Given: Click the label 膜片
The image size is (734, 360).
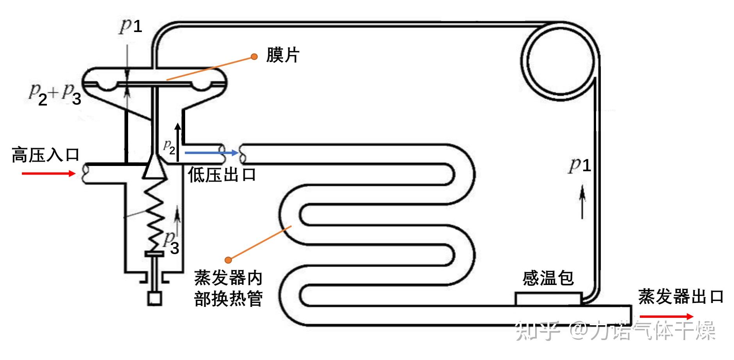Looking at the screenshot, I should coord(283,55).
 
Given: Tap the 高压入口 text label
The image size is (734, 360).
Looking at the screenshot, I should coord(46,155).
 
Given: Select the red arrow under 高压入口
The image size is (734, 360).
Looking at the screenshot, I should coord(48,173).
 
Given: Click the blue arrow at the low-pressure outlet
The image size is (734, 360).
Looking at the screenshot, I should coord(211,153).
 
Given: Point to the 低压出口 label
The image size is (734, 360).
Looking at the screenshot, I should coord(222,175).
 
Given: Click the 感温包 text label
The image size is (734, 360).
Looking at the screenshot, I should coord(548,278).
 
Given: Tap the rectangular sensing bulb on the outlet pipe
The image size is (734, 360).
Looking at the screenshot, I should coord(548,299).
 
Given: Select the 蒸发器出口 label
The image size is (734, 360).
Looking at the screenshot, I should coord(681,297).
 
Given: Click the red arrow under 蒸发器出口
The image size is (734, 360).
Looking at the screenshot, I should coord(666,317).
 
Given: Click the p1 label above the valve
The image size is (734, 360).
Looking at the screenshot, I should coord(130,26).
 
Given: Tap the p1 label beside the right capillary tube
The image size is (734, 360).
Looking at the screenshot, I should coord(579,165).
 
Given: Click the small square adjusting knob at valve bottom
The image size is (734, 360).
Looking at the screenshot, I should coord(155,299).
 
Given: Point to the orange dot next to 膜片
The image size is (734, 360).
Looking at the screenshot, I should coord(254,57).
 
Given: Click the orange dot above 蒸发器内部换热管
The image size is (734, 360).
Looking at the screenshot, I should coord(229,260).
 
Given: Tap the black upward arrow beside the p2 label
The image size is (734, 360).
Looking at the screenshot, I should coord(178,142).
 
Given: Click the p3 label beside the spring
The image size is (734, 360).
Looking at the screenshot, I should coord(171,243).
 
